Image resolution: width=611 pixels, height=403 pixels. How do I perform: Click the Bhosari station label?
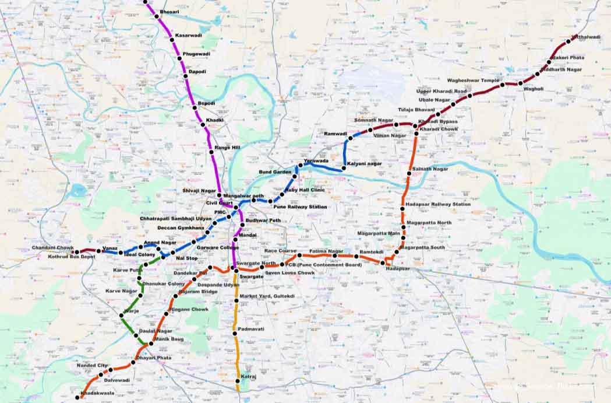tap(169, 12)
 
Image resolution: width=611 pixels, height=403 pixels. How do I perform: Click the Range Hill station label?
tap(227, 148)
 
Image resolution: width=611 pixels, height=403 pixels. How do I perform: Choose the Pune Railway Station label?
tap(300, 207)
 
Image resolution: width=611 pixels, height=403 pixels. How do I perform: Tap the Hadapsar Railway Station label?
tap(438, 204)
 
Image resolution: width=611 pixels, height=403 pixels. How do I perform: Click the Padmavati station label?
tap(252, 329)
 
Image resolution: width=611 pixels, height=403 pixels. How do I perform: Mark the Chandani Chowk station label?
tap(53, 248)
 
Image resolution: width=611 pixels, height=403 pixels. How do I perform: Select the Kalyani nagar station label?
tap(365, 164)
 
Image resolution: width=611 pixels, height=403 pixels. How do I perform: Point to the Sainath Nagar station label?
tap(430, 169)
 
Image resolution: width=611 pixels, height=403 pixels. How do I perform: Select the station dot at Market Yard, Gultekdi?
tap(236, 300)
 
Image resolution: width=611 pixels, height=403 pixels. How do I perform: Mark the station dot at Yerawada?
tap(300, 166)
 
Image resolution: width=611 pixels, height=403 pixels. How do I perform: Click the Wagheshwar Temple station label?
tap(473, 80)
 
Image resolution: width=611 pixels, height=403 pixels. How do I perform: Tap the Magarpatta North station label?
tap(429, 223)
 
